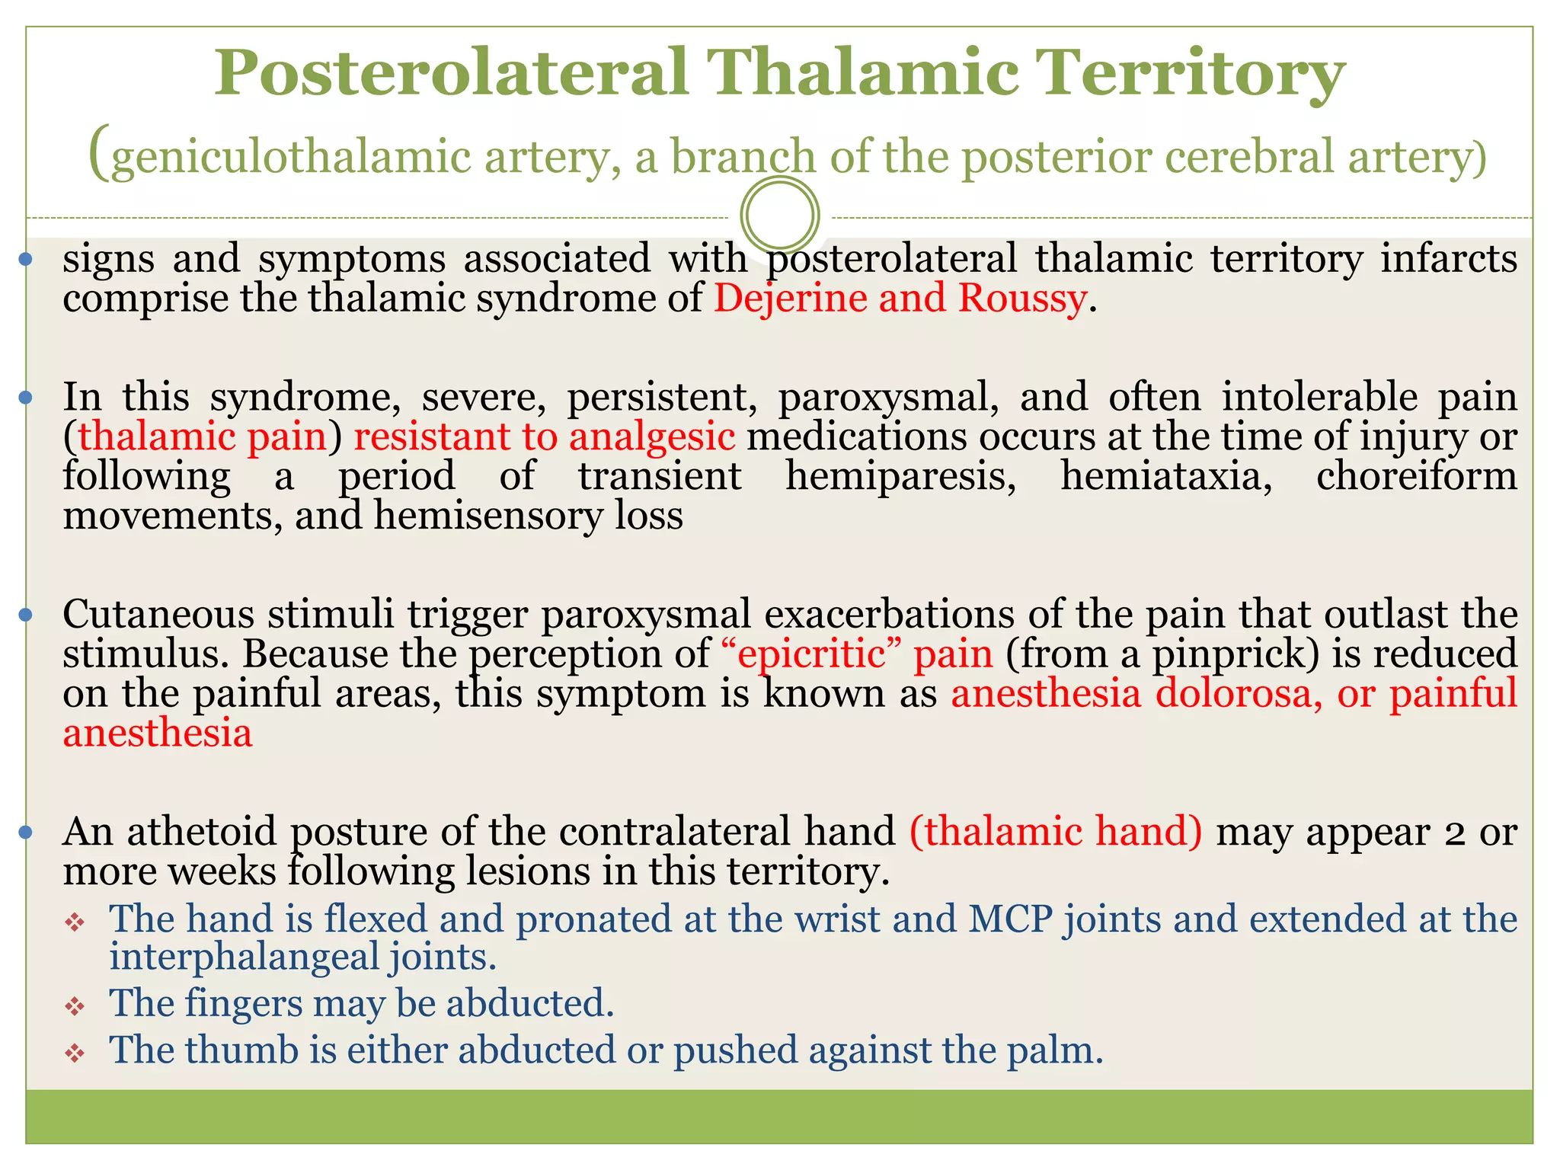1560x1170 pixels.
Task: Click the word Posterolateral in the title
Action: click(x=450, y=74)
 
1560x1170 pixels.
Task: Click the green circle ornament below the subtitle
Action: click(x=779, y=216)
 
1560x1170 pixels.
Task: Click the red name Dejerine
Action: click(x=790, y=299)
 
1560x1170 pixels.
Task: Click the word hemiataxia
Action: click(x=1165, y=477)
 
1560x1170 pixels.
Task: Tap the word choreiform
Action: click(x=1416, y=477)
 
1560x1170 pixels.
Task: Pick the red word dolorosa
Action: click(x=1239, y=694)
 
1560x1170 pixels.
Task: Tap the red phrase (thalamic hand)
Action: click(x=1056, y=832)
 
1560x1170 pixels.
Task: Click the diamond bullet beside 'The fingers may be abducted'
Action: click(x=74, y=1007)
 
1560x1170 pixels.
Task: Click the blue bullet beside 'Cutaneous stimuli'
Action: click(x=26, y=614)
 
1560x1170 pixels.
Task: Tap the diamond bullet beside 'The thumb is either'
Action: click(x=74, y=1054)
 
